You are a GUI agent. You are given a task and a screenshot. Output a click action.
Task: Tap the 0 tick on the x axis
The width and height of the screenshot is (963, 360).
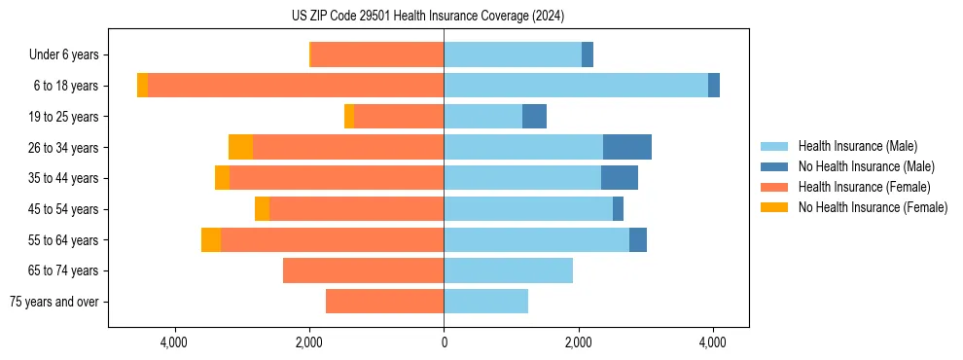tap(444, 343)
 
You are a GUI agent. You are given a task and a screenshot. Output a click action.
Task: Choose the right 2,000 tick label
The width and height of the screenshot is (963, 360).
tap(578, 343)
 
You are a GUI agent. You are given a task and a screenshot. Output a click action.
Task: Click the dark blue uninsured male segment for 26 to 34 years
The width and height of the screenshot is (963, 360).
tap(626, 147)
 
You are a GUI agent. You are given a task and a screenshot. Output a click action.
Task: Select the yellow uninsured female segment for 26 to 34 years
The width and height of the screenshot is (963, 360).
tap(240, 147)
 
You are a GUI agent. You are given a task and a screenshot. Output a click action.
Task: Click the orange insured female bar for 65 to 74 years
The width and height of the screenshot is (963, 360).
tap(363, 270)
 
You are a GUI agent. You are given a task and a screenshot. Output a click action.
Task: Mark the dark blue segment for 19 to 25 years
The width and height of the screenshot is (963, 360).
tap(534, 117)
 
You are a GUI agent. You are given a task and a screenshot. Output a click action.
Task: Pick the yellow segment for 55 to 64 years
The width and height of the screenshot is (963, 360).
tap(211, 239)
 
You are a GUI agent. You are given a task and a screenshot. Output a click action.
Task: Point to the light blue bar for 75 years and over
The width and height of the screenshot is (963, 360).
tap(485, 302)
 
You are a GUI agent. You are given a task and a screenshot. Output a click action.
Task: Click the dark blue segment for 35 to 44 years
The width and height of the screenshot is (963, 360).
tap(620, 178)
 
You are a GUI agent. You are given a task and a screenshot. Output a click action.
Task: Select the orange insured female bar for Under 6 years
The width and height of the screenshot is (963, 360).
tap(377, 55)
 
